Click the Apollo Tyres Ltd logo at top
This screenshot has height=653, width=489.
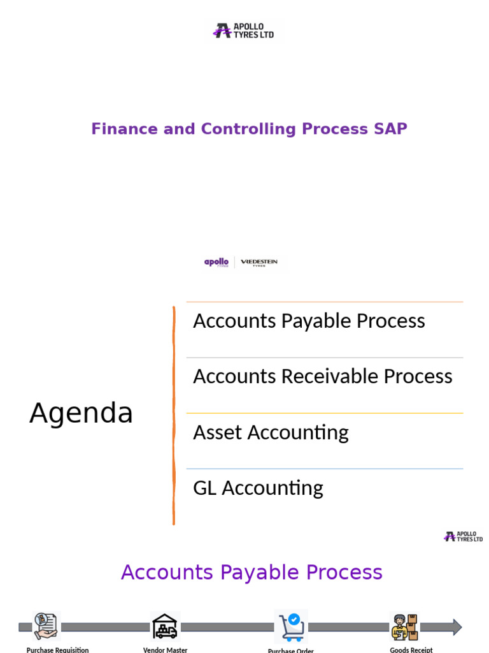pos(244,31)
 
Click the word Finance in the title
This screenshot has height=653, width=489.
pos(124,129)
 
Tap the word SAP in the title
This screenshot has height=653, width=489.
pos(390,129)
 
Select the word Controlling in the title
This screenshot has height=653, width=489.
pos(248,129)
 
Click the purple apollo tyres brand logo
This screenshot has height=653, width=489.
pos(216,263)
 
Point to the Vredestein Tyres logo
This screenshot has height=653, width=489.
pos(259,263)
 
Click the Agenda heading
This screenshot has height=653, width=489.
pos(81,413)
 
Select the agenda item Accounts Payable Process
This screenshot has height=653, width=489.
pos(309,321)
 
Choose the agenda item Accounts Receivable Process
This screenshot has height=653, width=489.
pos(322,376)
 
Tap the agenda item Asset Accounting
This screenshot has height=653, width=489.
pos(271,432)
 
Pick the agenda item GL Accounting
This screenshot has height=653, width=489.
pos(258,488)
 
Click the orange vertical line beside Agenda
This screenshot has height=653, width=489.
pos(173,415)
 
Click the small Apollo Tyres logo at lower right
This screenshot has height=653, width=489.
pos(463,536)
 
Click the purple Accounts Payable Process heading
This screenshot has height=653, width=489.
pos(252,573)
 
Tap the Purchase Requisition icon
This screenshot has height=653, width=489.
pos(45,626)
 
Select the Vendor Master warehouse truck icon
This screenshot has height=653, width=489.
pos(165,626)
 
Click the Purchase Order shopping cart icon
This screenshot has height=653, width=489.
pos(291,626)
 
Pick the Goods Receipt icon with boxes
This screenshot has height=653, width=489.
pos(404,626)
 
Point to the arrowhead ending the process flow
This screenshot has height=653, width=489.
pos(457,627)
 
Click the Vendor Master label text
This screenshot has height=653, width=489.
pos(165,650)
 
